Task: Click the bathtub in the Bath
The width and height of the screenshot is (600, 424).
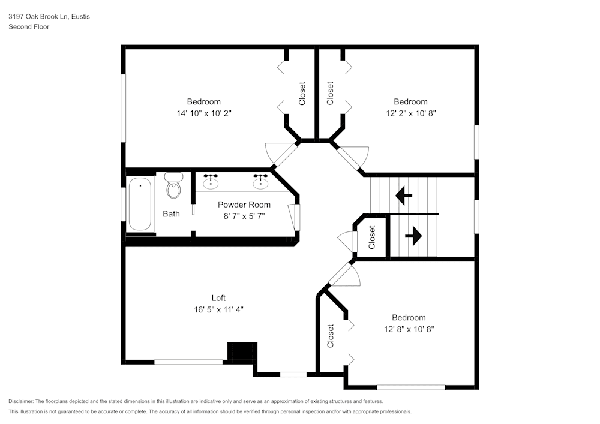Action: pos(140,204)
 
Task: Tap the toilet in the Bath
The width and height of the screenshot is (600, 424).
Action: pos(173,187)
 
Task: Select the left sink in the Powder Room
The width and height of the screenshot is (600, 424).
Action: pos(211,181)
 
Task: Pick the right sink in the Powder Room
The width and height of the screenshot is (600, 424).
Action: pos(260,181)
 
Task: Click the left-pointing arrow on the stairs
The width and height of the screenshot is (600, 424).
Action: pos(404,195)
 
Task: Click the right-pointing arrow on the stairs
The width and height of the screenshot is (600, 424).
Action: pos(413,236)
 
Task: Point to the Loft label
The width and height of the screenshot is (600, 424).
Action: pos(218,298)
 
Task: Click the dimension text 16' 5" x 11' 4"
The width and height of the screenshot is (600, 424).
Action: pos(218,309)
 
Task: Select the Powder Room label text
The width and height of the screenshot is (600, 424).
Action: pos(244,205)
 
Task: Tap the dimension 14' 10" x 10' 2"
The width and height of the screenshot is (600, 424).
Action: pos(203,113)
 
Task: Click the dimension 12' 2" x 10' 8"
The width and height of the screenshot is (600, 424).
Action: pos(410,113)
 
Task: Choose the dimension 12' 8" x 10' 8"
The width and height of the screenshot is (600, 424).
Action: pos(409,329)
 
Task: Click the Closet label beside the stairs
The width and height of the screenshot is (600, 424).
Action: pos(372,237)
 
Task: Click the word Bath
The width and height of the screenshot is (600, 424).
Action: pos(171,213)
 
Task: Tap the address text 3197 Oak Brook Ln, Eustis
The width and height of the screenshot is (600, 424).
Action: pos(49,17)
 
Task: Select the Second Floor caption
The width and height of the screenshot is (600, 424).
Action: pos(29,27)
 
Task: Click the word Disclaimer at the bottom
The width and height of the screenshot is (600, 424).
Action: pos(21,401)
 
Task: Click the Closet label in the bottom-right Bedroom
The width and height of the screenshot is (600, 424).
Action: pos(331,336)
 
